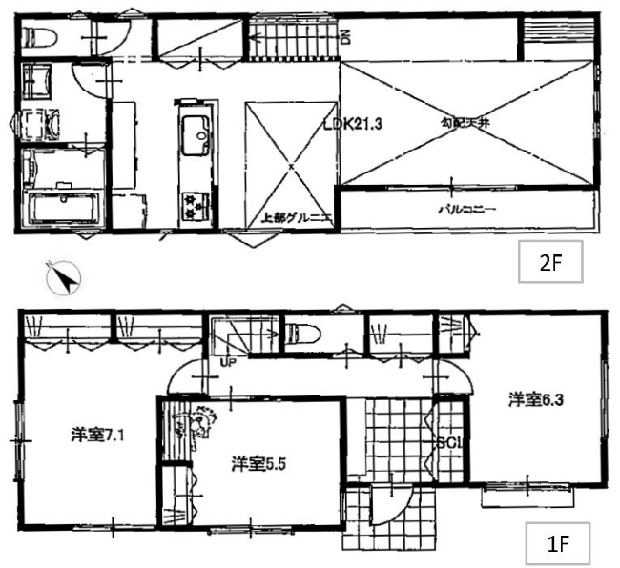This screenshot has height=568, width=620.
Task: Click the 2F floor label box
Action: click(x=549, y=265)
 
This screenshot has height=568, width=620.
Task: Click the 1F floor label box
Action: click(x=558, y=547)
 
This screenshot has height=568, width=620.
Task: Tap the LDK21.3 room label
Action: click(x=352, y=123)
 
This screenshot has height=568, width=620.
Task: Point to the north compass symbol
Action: click(x=64, y=277)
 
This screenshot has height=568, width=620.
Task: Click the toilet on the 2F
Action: click(x=40, y=37)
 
